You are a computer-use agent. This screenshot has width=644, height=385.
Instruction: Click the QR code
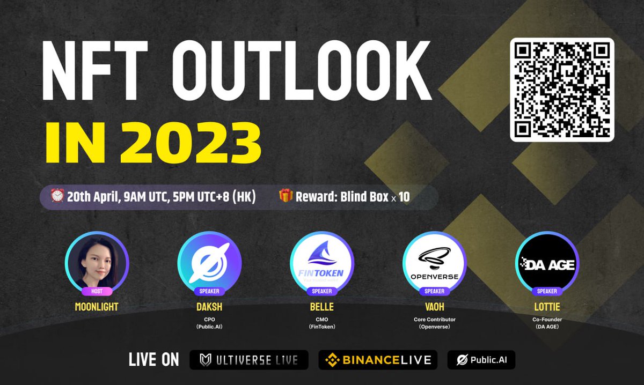(562, 90)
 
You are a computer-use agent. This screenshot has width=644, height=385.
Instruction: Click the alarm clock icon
(57, 196)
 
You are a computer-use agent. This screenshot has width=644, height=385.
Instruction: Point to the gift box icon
(286, 196)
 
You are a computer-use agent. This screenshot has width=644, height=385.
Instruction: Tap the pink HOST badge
(97, 291)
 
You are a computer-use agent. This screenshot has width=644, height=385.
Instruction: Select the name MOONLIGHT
(97, 307)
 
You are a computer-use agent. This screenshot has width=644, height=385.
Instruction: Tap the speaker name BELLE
(322, 307)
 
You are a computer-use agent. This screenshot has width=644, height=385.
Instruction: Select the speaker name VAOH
(435, 307)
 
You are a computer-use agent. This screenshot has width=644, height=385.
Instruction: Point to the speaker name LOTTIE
(547, 307)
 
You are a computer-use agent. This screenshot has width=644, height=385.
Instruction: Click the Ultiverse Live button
(249, 360)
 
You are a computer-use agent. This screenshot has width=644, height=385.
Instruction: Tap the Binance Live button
(378, 360)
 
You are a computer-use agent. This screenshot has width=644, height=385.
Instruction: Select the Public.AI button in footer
(481, 360)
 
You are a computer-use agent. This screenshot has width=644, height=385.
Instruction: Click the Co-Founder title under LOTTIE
(547, 320)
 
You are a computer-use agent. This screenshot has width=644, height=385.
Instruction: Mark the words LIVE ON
(153, 360)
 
